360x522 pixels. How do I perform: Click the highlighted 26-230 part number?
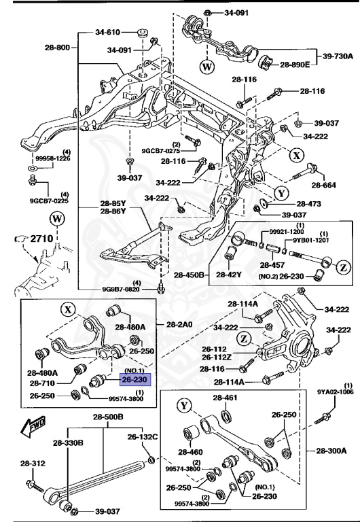click(x=136, y=381)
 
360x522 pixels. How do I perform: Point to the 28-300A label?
click(x=329, y=450)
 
